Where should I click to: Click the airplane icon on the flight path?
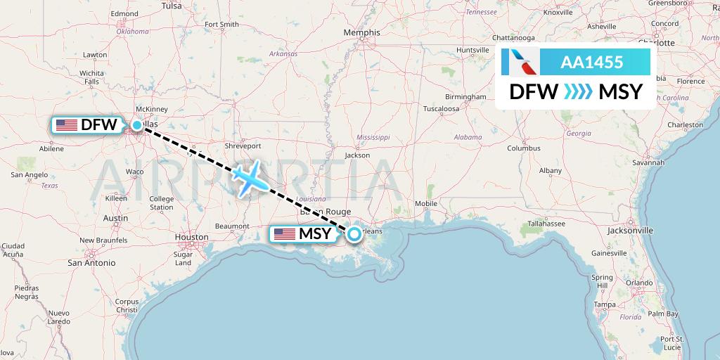(250, 178)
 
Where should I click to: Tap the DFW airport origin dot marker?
(137, 125)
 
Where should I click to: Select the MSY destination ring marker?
(354, 233)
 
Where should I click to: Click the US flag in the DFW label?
(67, 125)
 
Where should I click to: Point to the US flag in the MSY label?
(284, 234)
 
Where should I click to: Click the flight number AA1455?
(591, 62)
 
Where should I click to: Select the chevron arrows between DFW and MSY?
(579, 91)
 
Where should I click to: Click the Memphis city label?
(361, 32)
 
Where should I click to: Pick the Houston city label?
(191, 237)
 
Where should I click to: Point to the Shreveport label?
(243, 146)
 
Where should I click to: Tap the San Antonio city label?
(91, 262)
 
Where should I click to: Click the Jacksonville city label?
(631, 230)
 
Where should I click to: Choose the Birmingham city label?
(465, 96)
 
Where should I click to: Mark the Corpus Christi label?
(127, 305)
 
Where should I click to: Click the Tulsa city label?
(172, 6)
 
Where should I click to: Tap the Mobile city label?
(426, 204)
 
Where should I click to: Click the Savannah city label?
(648, 162)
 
